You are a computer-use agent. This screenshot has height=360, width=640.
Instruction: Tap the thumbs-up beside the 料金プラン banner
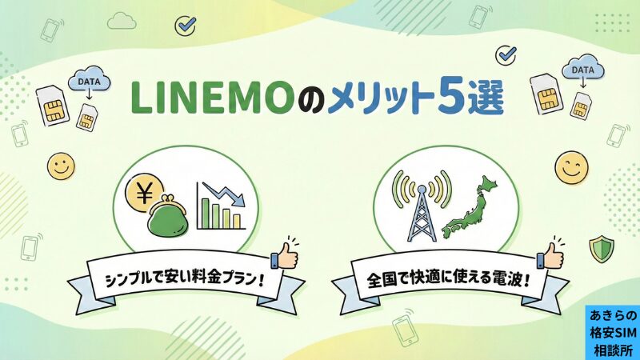click(x=284, y=255)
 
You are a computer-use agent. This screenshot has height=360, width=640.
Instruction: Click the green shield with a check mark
click(x=601, y=249)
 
